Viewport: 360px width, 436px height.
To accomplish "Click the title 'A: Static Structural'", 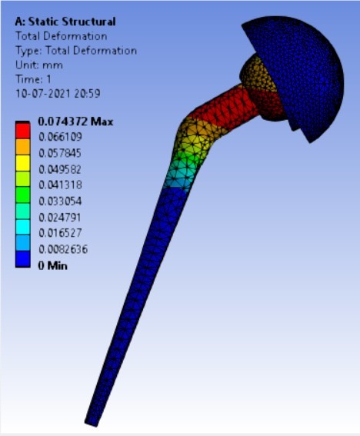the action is pos(65,22).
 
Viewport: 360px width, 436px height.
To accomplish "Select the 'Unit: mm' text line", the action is pos(39,65).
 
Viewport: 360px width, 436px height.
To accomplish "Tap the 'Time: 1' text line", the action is pos(33,79).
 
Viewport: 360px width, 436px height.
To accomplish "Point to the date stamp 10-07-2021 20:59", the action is pos(58,94).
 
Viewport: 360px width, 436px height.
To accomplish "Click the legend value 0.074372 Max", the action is pos(75,121).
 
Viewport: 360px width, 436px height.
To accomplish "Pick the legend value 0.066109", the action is pos(60,137).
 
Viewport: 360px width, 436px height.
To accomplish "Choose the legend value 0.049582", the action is pos(60,169).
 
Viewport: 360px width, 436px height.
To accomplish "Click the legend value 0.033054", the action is pos(60,201).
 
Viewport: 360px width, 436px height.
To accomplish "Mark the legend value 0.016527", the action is pos(60,233).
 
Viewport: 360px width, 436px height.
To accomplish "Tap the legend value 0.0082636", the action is pos(63,249).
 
